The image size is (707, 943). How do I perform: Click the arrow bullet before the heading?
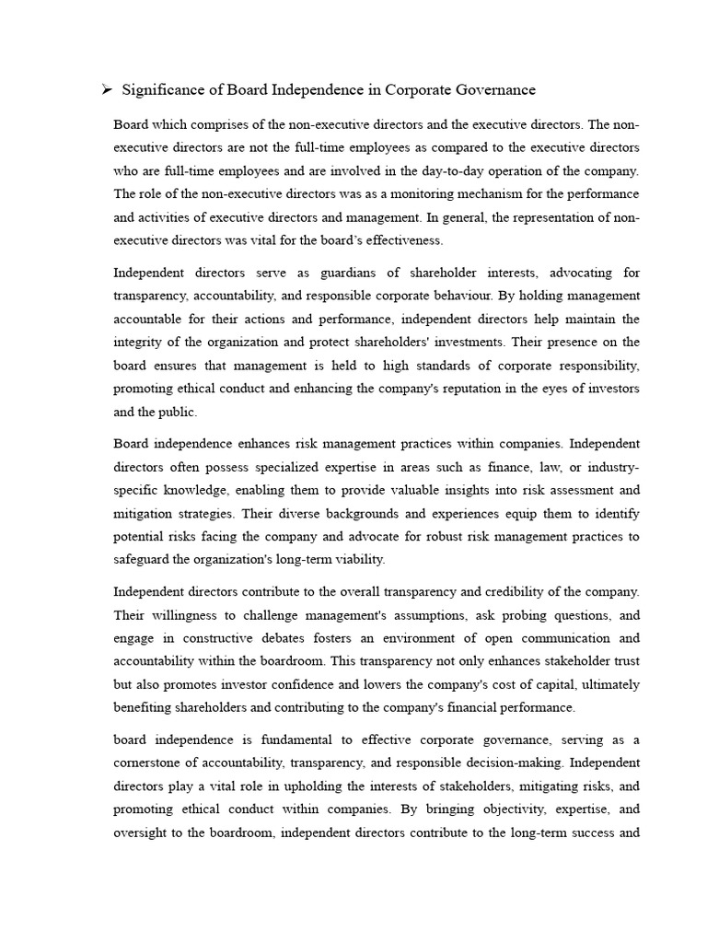point(106,89)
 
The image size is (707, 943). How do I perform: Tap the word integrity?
point(138,343)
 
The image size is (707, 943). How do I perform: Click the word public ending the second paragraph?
point(179,413)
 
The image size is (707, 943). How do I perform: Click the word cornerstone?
point(150,763)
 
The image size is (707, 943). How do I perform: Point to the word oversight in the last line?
point(143,832)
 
